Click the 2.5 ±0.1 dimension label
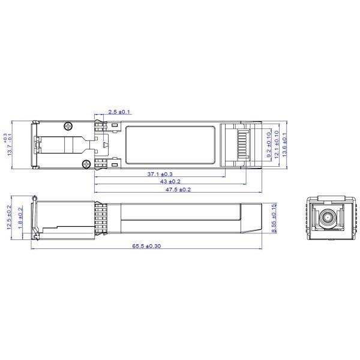[x=119, y=112]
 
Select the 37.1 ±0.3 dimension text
[x=160, y=173]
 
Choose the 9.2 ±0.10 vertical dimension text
[x=269, y=145]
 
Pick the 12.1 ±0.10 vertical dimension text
[x=277, y=145]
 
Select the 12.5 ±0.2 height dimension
[x=9, y=217]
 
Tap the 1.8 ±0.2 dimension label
[x=20, y=217]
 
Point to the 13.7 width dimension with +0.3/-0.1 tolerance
[x=8, y=145]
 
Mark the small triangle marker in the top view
[x=106, y=145]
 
